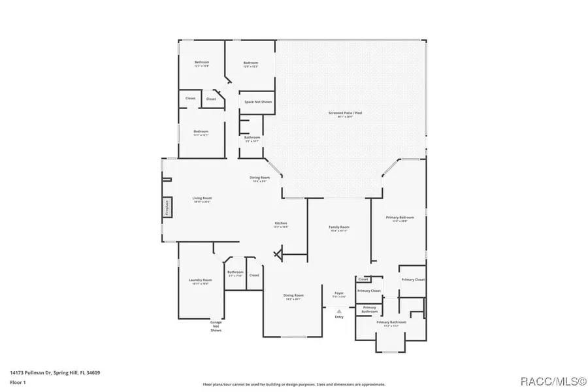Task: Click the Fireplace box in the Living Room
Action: (167, 207)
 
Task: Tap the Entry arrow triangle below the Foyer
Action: (338, 311)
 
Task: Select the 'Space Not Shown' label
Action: (257, 102)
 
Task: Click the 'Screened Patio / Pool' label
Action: (345, 113)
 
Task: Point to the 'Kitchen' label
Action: (280, 223)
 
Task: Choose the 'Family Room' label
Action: (338, 227)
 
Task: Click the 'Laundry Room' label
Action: (200, 280)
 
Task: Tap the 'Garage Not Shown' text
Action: (216, 326)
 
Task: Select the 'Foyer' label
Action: (339, 293)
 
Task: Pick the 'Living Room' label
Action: (201, 198)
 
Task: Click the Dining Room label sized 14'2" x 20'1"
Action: (293, 295)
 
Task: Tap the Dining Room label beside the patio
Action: (259, 178)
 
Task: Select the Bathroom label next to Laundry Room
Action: (235, 272)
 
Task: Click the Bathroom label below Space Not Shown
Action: (252, 137)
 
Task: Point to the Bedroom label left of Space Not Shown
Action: (201, 131)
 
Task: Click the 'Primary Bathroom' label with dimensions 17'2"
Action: (391, 322)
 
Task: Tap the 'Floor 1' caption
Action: (18, 382)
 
